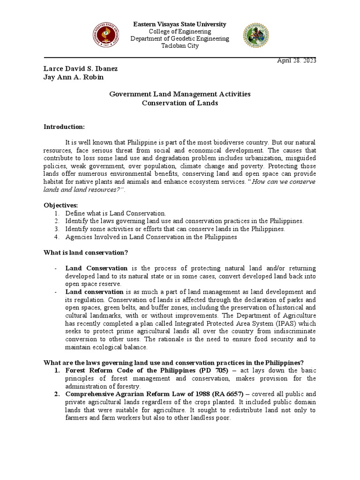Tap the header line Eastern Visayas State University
[x=180, y=24]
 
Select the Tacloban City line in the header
[x=180, y=46]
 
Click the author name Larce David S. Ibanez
[x=81, y=69]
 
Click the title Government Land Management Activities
[x=180, y=94]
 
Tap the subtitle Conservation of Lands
[x=180, y=103]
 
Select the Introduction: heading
[x=64, y=127]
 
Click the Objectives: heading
[x=61, y=206]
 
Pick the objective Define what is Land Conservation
[x=116, y=213]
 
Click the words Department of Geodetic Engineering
[x=180, y=39]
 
